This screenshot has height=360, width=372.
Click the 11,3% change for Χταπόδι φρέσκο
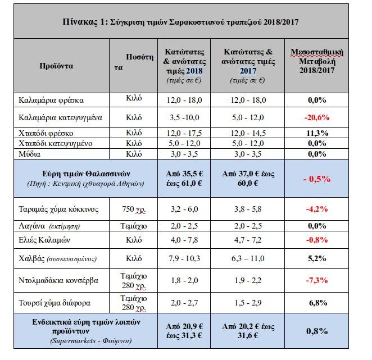(316, 134)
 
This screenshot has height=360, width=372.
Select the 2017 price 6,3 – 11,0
(245, 258)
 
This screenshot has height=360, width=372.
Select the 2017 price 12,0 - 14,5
(245, 134)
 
